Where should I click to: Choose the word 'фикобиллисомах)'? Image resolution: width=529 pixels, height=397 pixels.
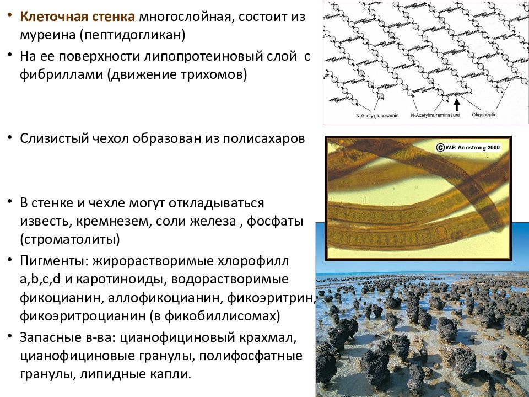coord(233,316)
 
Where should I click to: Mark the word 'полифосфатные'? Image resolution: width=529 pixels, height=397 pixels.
coord(261,355)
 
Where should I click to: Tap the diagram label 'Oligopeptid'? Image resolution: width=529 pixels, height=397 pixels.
coord(484,115)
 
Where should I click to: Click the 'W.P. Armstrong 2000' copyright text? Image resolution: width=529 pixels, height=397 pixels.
coord(472,147)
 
